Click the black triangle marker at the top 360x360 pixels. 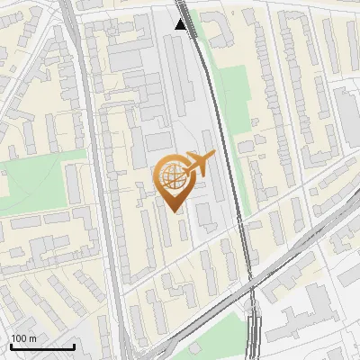coord(181,24)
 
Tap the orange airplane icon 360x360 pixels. coord(197,164)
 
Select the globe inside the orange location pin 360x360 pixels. coord(171,177)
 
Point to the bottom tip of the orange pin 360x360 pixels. coord(171,211)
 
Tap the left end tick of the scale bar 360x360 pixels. coord(10,346)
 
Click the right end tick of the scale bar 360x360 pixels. coord(74,346)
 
